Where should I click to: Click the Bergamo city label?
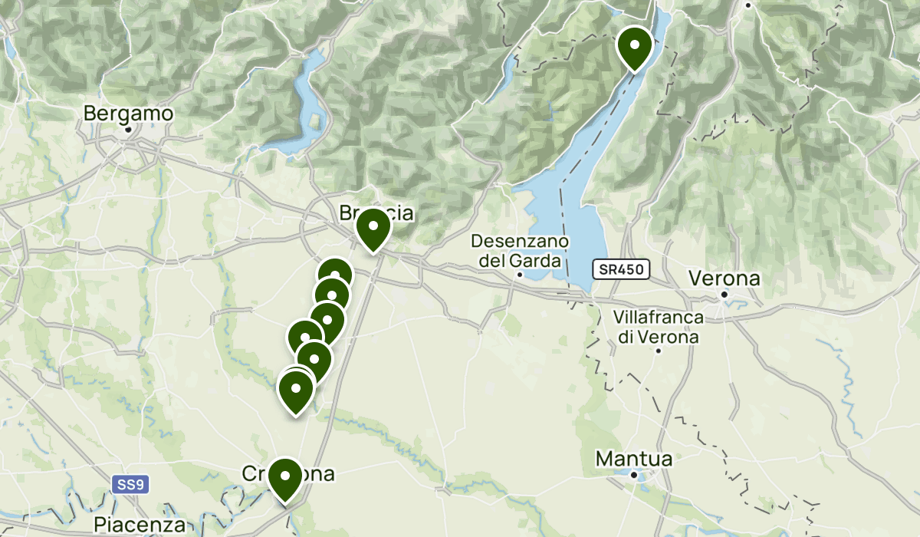pos(128,114)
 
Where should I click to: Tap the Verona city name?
pos(724,278)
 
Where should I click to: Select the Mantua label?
pos(634,460)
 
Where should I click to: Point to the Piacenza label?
pos(140,525)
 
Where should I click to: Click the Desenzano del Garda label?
pos(520,251)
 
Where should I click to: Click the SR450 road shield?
pos(621,269)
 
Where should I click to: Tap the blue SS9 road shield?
pos(131,485)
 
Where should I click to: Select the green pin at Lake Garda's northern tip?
pos(634,45)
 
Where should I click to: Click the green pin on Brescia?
pos(373,228)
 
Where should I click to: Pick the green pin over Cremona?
pos(285,477)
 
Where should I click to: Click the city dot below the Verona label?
pos(724,293)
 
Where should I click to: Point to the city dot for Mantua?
pos(634,475)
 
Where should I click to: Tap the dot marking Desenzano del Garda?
pos(519,275)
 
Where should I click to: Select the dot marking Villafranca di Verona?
pos(659,351)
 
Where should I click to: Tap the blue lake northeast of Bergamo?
pos(310,100)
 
